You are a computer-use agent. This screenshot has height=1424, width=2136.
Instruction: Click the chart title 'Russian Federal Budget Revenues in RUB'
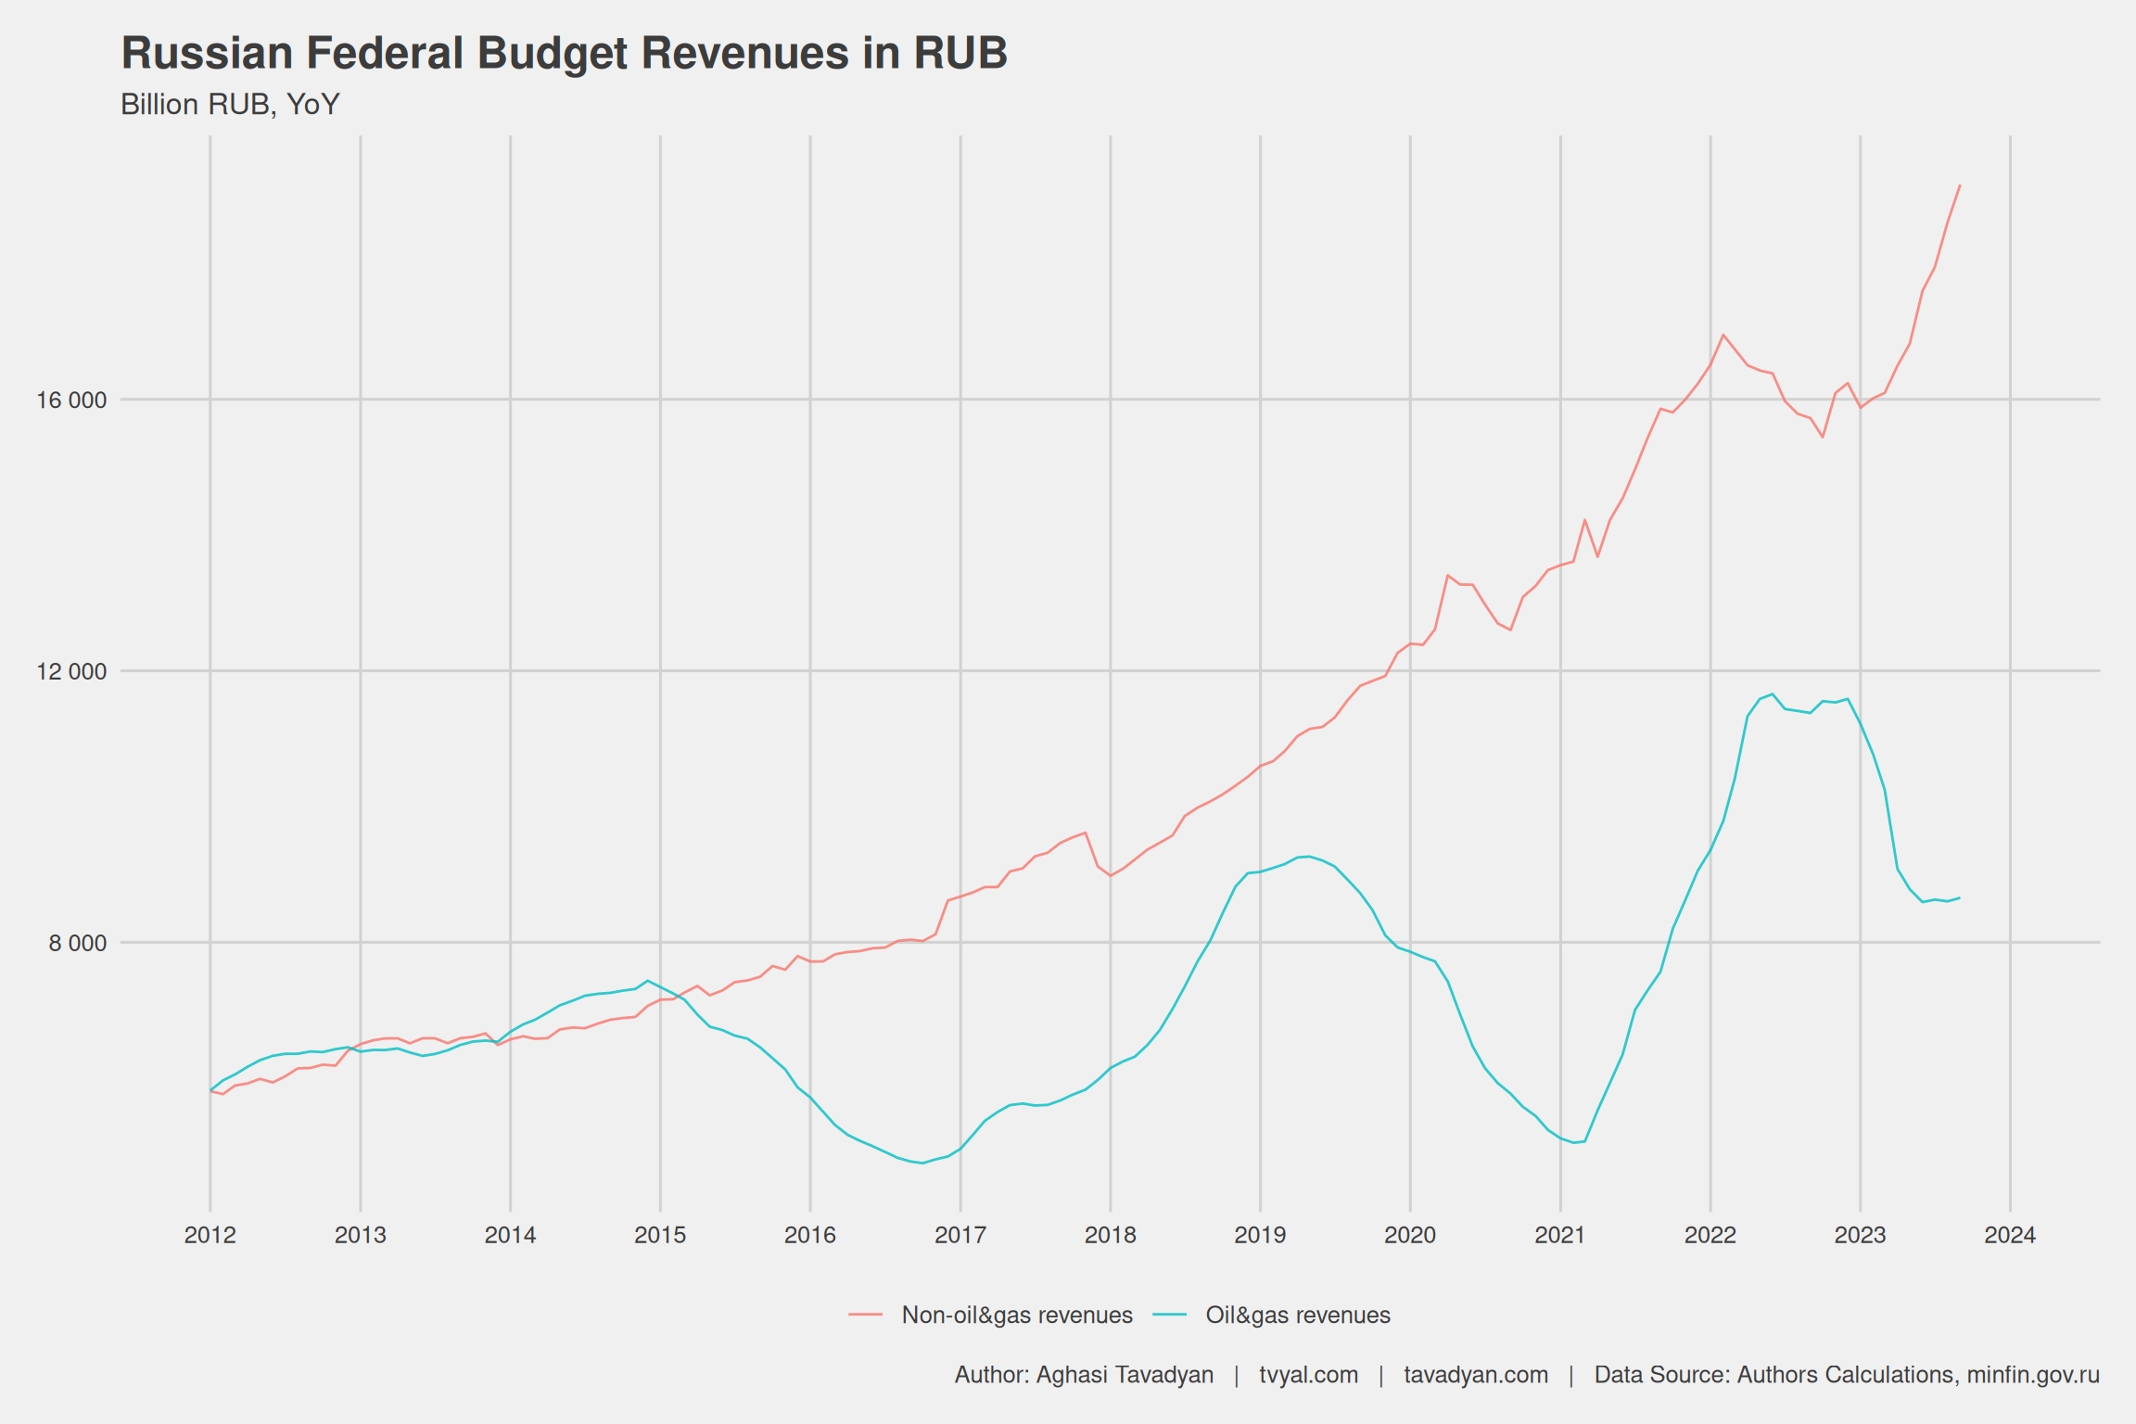point(564,53)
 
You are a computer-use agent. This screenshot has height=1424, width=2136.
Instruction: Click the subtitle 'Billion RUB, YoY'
point(230,105)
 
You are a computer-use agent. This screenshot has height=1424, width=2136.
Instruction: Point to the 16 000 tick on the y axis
point(71,400)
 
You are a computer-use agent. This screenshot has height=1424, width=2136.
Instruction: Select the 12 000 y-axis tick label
point(71,671)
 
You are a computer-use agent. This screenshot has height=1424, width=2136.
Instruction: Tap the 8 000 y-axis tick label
point(78,943)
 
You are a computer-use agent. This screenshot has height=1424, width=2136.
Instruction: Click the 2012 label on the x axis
point(210,1235)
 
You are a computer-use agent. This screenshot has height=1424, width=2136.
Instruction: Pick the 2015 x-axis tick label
point(660,1235)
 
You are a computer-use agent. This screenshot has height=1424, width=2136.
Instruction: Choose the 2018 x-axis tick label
point(1110,1235)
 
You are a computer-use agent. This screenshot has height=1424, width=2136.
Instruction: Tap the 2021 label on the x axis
point(1560,1235)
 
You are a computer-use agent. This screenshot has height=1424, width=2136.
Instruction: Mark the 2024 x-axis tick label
point(2010,1235)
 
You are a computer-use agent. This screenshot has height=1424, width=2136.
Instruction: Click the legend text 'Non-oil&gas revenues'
point(1017,1316)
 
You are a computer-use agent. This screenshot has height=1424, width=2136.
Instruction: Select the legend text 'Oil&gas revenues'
point(1298,1316)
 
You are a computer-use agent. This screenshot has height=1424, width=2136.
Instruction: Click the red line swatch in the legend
point(865,1316)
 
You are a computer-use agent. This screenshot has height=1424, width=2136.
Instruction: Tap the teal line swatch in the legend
point(1170,1316)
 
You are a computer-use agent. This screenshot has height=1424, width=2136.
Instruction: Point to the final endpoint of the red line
point(1959,185)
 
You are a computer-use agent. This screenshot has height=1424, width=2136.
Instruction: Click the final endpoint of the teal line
point(1959,897)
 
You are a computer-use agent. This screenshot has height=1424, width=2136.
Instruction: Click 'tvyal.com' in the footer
point(1308,1375)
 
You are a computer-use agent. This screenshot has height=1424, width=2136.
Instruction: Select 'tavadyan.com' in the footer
point(1476,1375)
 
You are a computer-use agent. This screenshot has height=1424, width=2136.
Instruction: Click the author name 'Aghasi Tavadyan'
point(1125,1375)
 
